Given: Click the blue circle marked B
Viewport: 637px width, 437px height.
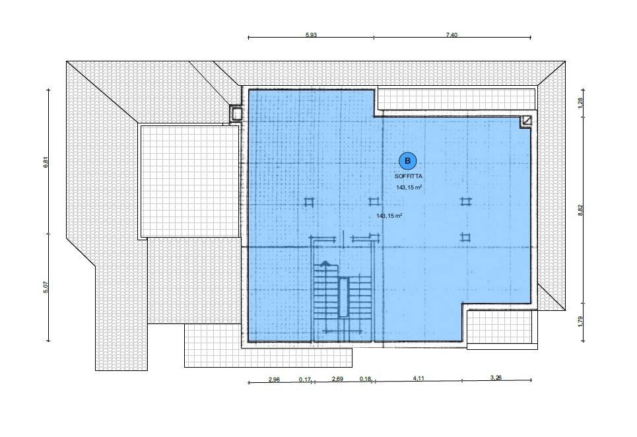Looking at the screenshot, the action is pos(408,161).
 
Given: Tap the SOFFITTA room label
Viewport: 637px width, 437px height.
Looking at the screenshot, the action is pos(409,177).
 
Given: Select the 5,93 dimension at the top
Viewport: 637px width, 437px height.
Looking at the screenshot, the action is pos(311,34).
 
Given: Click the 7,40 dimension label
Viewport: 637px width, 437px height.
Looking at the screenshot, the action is pos(452,34).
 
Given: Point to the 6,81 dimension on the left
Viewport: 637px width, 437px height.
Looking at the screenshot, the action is pos(46,162).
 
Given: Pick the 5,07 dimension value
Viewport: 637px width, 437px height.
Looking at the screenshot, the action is pos(46,287).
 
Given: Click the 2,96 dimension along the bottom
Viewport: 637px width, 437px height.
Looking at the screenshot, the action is pos(274,380).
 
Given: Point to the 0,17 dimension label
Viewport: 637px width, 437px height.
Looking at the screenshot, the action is pos(305,380).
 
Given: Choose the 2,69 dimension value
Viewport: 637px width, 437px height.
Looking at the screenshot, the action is pos(337,379).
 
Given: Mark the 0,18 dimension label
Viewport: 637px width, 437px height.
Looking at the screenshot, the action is pos(365,379).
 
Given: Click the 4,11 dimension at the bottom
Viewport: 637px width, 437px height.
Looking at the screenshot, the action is pos(419,378).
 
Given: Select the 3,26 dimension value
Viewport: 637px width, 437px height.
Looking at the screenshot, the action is pos(496,378).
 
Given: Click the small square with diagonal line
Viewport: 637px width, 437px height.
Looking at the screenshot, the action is pos(526,121).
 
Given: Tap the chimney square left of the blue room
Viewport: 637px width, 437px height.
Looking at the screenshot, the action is pos(236,113).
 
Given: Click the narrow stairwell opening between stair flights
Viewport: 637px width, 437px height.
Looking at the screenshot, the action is pos(344,297).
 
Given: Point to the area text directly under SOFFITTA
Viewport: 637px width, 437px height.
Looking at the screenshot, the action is pos(409,187).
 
